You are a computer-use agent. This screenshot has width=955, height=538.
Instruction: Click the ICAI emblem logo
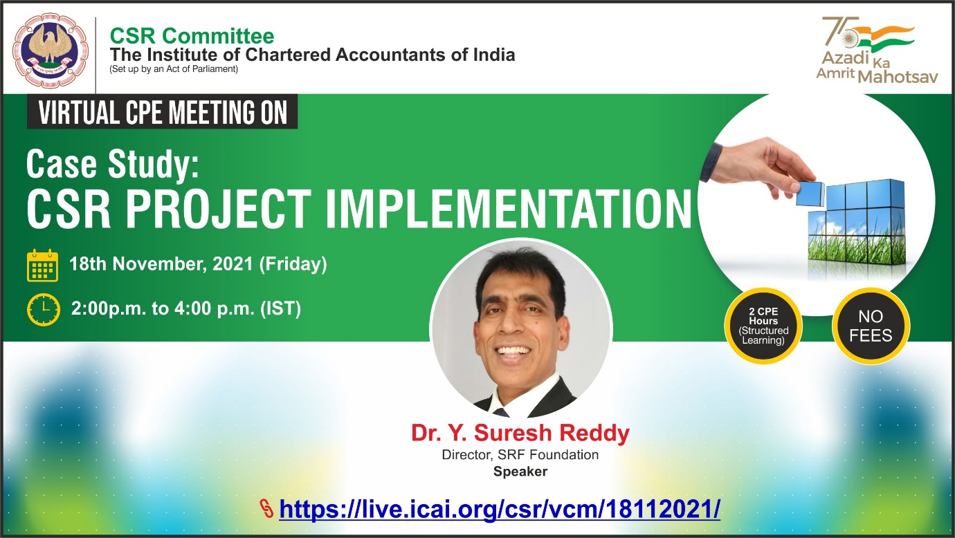tap(51, 50)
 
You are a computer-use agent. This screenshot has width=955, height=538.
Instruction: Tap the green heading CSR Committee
tap(192, 36)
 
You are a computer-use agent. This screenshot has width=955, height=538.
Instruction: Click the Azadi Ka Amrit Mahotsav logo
tap(877, 50)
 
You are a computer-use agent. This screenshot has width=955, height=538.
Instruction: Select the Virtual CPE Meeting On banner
tap(163, 111)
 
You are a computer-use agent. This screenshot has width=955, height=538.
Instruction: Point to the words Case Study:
tap(113, 165)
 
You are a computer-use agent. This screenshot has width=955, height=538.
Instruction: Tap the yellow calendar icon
tap(43, 266)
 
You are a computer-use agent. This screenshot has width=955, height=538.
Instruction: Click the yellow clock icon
tap(44, 309)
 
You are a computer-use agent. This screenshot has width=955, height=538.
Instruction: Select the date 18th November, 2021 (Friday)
tap(198, 263)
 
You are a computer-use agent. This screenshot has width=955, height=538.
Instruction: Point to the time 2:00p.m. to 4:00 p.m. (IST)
tap(186, 308)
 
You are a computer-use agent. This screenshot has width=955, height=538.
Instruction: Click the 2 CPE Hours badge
tap(763, 326)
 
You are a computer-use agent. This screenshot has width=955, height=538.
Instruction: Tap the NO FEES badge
tap(871, 326)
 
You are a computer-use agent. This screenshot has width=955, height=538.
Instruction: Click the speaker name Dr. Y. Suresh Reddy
tap(520, 433)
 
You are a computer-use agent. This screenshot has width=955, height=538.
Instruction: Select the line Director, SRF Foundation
tap(520, 455)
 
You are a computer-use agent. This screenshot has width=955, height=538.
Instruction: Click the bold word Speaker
tap(520, 472)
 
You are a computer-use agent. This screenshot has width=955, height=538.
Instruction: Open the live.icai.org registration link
tap(500, 508)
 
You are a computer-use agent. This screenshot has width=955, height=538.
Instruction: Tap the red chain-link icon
tap(266, 508)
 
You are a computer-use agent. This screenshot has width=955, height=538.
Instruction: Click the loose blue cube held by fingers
tap(810, 194)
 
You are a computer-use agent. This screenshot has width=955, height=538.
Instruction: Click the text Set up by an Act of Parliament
tap(174, 69)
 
